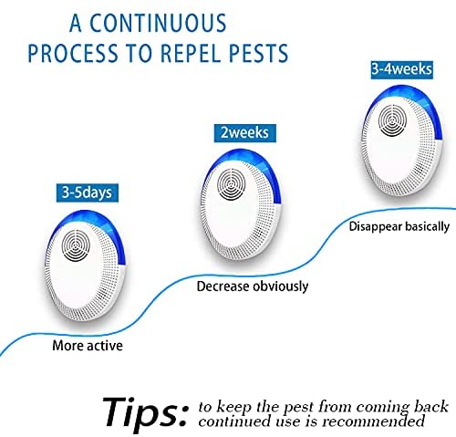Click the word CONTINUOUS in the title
pos(158,23)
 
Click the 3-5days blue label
pos(88,192)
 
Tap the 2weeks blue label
pos(245,133)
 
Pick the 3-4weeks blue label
pos(401,69)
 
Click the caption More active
pos(88,346)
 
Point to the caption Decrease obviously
pos(253,286)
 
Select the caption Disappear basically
pos(399,227)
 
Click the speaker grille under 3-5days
pos(76,245)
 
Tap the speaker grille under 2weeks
pos(232,184)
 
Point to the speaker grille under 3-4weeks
pos(392,120)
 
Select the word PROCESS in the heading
pos(73,53)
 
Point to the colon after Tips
pos(183,415)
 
